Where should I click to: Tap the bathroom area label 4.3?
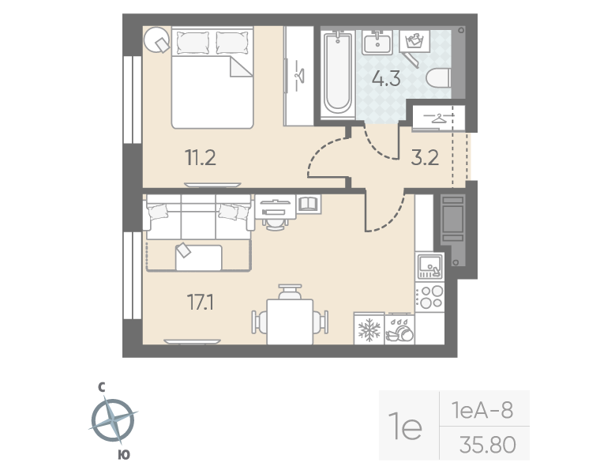tap(386, 79)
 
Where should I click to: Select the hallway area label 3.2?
tap(424, 156)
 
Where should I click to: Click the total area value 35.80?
tap(487, 446)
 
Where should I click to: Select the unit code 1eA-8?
tap(482, 411)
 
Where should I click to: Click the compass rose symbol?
tap(113, 419)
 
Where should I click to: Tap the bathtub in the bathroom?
tap(338, 73)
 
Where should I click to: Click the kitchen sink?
tap(429, 267)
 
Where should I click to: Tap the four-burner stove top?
tap(429, 297)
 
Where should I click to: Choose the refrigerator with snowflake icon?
tap(369, 329)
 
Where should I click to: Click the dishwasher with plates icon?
tap(399, 329)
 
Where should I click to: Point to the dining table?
tap(290, 321)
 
